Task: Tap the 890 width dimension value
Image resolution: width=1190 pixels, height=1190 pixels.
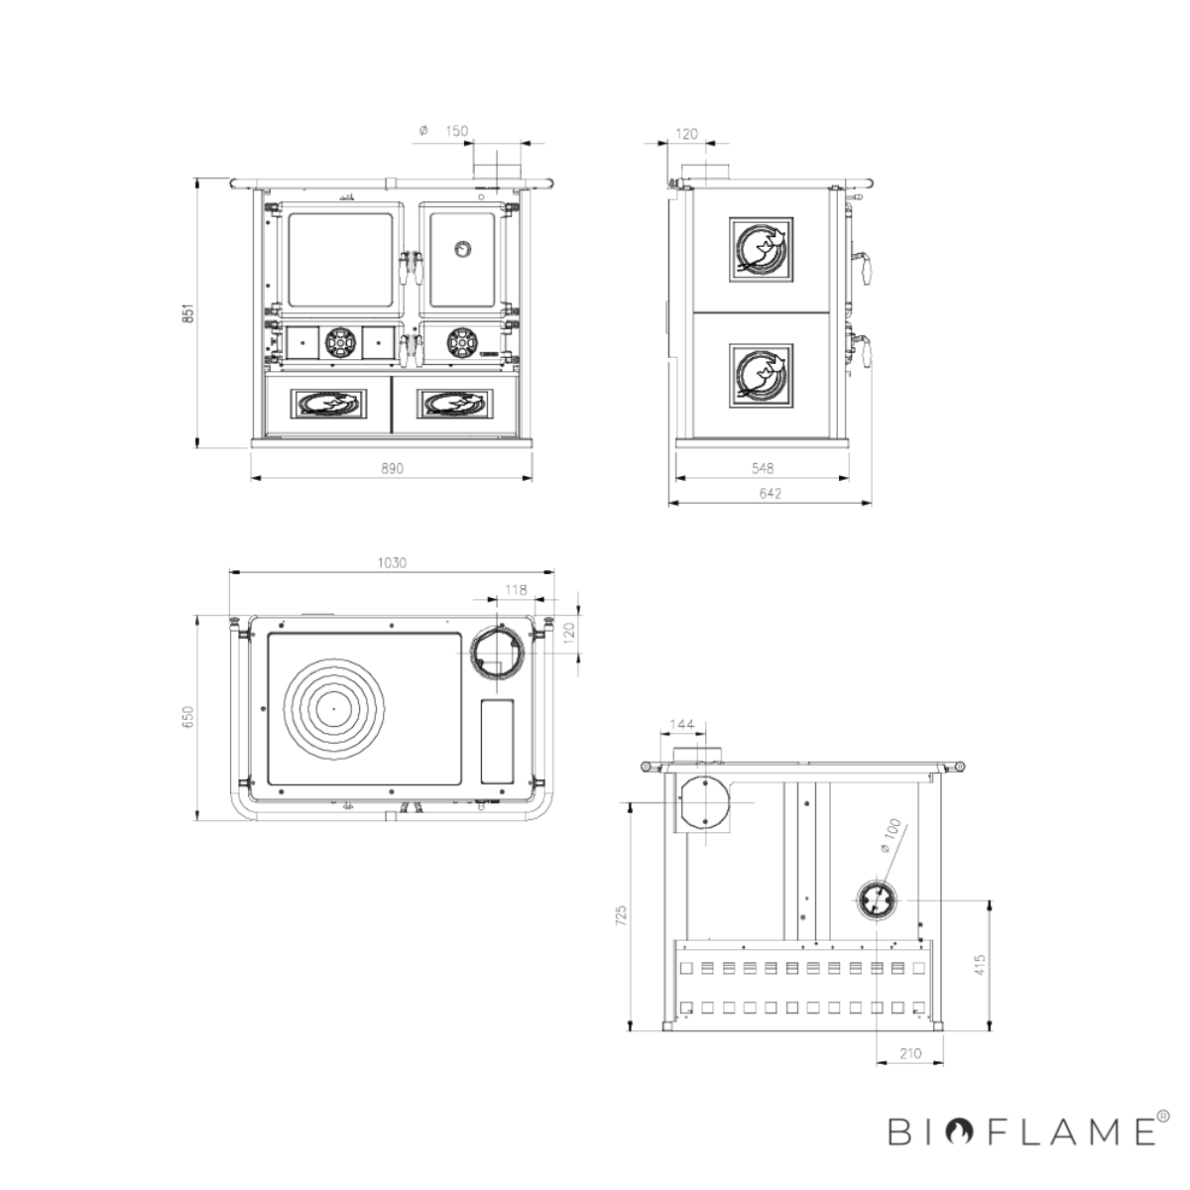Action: click(x=392, y=469)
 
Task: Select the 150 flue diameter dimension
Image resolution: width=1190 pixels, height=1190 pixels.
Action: click(x=456, y=131)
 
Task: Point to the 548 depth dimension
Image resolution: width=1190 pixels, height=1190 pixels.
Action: click(x=763, y=469)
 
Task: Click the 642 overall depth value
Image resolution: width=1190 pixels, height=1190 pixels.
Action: click(x=771, y=494)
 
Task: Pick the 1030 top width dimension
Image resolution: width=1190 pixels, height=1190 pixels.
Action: click(x=392, y=562)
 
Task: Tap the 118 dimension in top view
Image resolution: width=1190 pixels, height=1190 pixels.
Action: click(x=516, y=590)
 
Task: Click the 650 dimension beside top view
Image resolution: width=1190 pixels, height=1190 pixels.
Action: click(x=188, y=717)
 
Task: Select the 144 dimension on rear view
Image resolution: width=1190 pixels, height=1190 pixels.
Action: click(x=681, y=724)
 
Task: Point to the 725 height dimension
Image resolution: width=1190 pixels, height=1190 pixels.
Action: click(x=621, y=916)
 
